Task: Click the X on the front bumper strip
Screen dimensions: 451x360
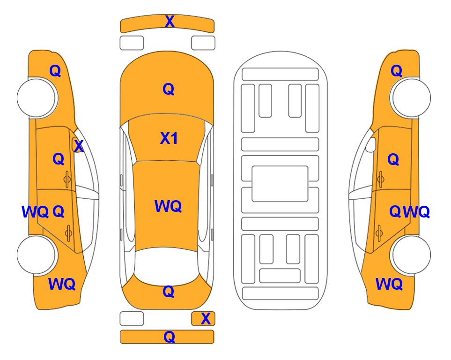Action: [x=170, y=22]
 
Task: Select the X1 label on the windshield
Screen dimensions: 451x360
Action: [x=169, y=138]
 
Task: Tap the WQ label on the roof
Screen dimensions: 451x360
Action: [x=168, y=206]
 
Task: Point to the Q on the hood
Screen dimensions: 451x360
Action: [x=169, y=89]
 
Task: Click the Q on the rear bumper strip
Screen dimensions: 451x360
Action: [x=169, y=337]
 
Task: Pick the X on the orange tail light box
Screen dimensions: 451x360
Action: [x=206, y=319]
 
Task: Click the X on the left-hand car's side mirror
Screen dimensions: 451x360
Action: [x=79, y=146]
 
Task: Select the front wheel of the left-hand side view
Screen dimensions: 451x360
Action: [x=37, y=98]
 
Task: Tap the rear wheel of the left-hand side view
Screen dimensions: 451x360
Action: [x=37, y=255]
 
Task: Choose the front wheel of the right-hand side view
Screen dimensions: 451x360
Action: [x=410, y=98]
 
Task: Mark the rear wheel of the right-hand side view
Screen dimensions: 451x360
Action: [x=410, y=255]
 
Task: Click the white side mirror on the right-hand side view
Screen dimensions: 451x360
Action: [x=371, y=144]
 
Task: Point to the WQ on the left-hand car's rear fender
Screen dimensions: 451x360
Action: [x=62, y=284]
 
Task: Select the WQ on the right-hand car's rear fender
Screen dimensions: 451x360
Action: [x=389, y=284]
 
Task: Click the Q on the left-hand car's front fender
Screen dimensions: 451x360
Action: [x=55, y=71]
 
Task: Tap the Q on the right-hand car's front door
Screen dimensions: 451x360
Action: [x=393, y=159]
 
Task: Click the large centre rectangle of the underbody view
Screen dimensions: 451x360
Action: [x=280, y=184]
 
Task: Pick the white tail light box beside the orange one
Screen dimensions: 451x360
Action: [x=132, y=319]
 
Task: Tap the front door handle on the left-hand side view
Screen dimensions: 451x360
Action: [x=67, y=180]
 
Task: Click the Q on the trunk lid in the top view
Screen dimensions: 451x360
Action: [x=169, y=292]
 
